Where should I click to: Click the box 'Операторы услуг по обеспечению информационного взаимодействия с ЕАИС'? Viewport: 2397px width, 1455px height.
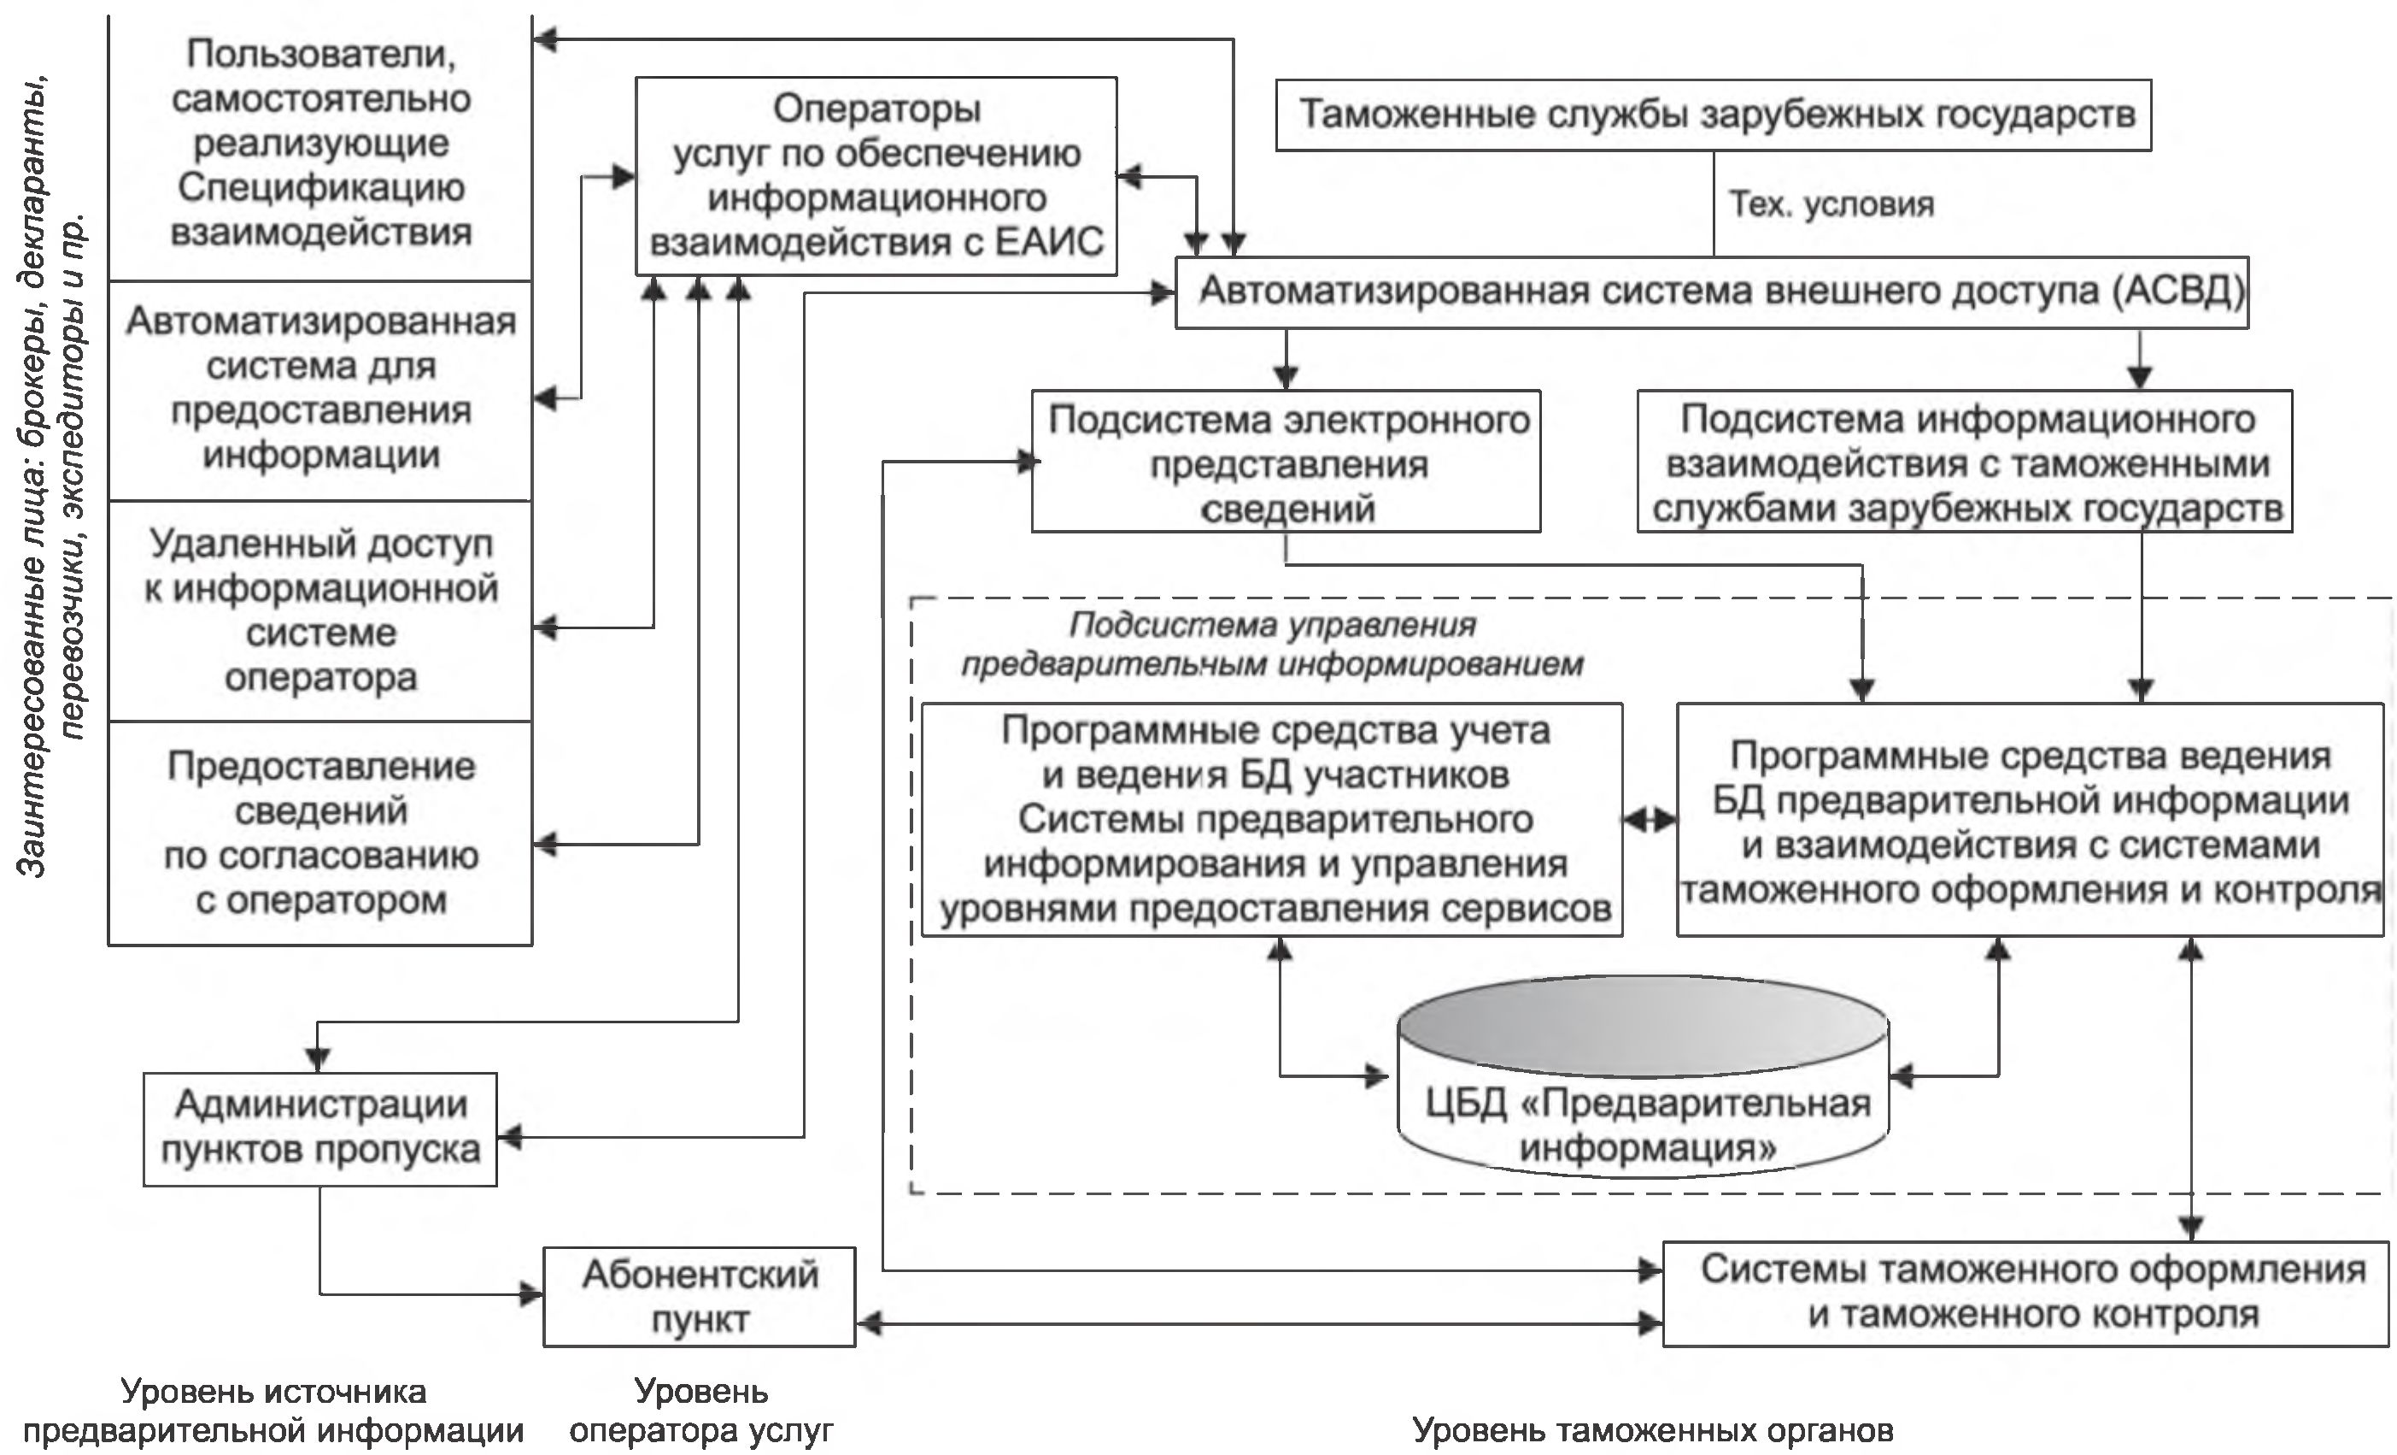coord(876,175)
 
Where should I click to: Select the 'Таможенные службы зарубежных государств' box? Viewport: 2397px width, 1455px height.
coord(1712,115)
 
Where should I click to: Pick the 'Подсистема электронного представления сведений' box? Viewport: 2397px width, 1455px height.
coord(1286,462)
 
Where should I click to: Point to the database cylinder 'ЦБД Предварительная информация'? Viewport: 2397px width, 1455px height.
coord(1644,1099)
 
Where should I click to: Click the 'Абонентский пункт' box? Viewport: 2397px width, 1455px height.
coord(699,1296)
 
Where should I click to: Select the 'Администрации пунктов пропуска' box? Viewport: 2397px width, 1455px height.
coord(320,1128)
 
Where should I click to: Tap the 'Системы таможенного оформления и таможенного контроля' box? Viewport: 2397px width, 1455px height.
coord(2025,1293)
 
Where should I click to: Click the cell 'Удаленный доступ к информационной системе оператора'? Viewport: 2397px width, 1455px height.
coord(320,610)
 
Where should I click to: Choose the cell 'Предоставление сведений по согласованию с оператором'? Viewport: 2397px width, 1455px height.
coord(320,832)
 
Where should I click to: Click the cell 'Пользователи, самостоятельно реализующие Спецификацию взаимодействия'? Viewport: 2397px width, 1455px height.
coord(320,143)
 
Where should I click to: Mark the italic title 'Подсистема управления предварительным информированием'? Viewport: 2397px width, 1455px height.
coord(1273,645)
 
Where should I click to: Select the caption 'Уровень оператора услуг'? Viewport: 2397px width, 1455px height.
coord(700,1411)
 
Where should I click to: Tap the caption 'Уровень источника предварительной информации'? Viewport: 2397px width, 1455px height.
coord(273,1411)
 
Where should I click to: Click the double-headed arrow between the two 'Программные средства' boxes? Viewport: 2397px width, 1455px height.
coord(1650,821)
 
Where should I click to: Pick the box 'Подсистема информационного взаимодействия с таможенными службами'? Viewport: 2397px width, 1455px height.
coord(1965,462)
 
